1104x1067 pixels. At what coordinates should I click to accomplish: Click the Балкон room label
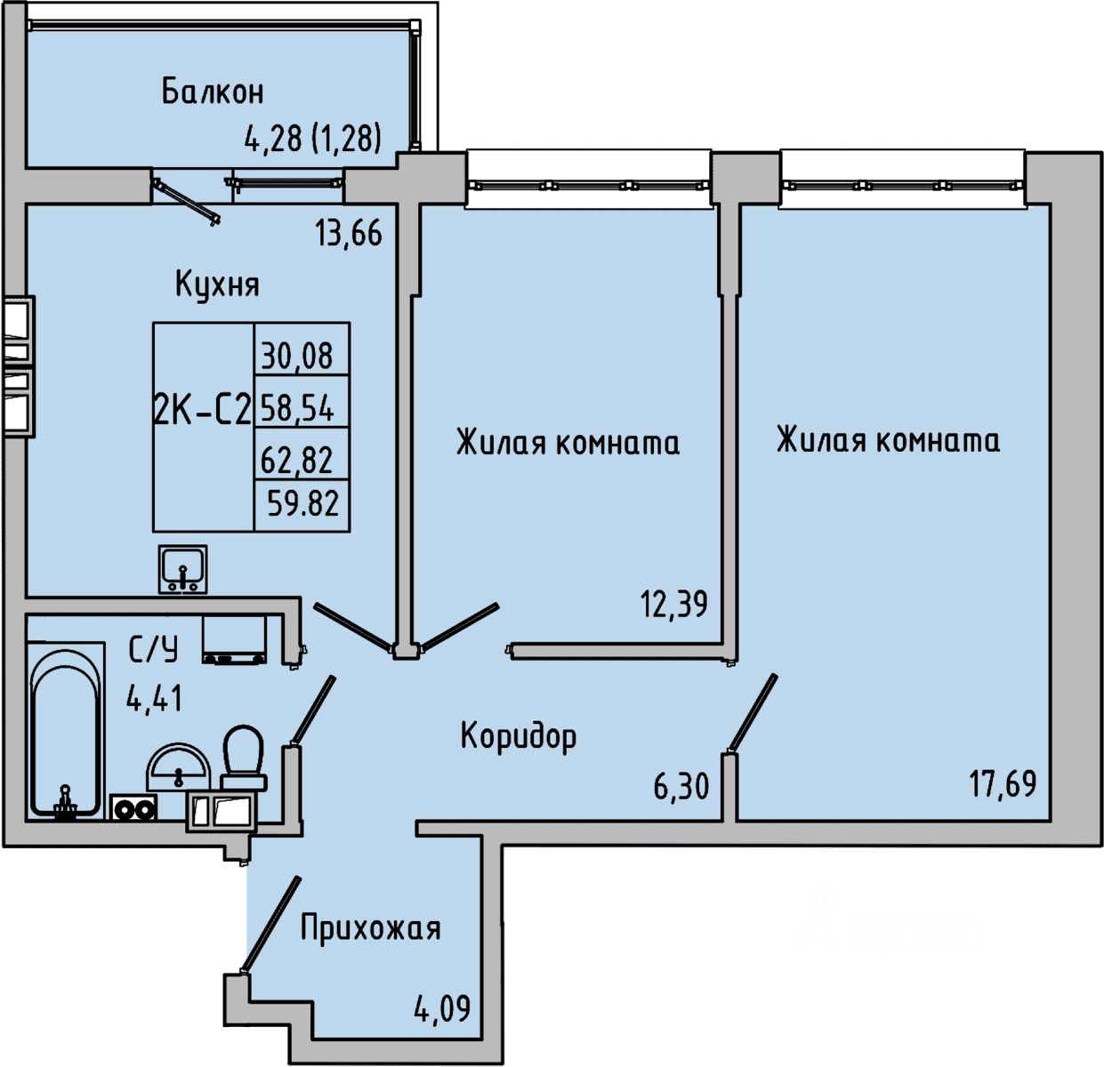tap(213, 92)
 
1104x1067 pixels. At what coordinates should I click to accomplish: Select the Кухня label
tap(217, 285)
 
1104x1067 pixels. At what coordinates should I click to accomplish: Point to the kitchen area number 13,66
tap(348, 233)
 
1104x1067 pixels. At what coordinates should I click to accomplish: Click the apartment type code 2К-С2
tap(203, 410)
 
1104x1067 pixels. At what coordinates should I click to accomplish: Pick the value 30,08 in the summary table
tap(297, 356)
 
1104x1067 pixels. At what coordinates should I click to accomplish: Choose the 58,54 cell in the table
tap(297, 408)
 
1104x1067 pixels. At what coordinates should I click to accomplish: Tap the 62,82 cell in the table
tap(297, 460)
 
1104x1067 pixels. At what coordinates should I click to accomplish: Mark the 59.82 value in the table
tap(303, 504)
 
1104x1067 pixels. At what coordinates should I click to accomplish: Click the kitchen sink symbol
tap(183, 569)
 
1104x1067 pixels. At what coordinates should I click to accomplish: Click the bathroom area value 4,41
tap(155, 698)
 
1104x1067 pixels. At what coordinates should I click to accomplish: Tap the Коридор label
tap(519, 736)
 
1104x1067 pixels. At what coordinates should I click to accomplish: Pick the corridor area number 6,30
tap(681, 786)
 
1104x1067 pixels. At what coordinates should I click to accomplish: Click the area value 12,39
tap(674, 605)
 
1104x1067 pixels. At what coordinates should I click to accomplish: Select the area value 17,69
tap(1003, 784)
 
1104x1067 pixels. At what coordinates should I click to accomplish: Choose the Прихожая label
tap(370, 928)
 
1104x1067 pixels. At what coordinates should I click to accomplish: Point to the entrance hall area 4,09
tap(441, 1009)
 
